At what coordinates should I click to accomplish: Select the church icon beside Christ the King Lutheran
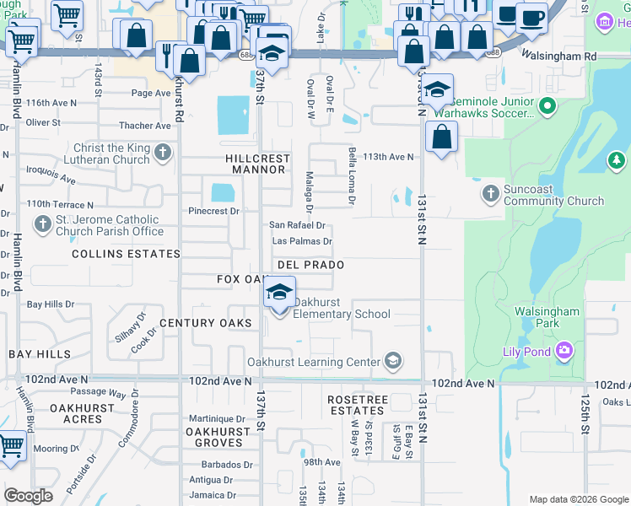[163, 153]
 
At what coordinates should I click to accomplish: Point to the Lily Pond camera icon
[564, 349]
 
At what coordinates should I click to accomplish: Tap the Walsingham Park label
[547, 318]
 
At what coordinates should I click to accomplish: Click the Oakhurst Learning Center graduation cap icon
[391, 362]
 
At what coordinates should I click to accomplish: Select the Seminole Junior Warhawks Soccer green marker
[547, 107]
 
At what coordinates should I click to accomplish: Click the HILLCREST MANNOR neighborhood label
[257, 164]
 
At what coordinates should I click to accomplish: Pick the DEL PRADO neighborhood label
[310, 265]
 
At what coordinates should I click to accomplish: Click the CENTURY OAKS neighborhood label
[206, 323]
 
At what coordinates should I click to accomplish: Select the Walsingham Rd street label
[559, 57]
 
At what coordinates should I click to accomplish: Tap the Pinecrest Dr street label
[214, 211]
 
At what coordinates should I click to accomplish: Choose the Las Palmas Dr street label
[301, 241]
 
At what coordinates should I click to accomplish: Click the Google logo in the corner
[29, 496]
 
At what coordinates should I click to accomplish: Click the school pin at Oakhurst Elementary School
[278, 294]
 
